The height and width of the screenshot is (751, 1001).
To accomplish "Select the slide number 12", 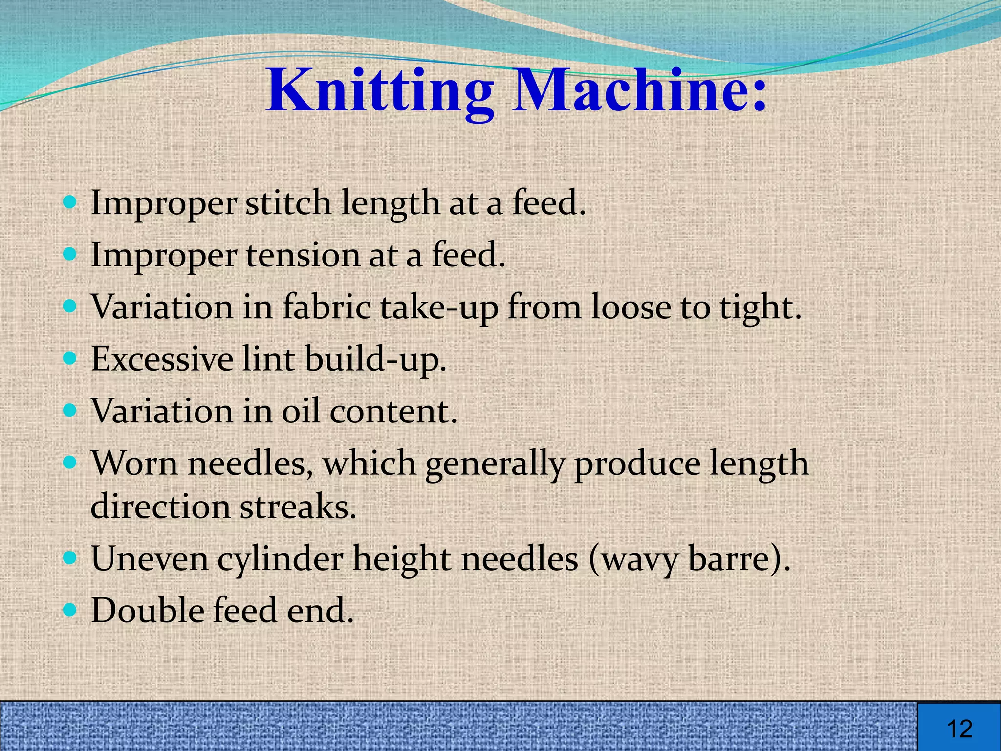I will point(959,729).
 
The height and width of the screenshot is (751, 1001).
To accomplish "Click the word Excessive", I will point(162,359).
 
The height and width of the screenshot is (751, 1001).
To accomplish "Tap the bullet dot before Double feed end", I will point(71,610).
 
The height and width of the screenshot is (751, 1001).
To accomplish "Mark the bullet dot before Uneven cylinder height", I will point(71,558).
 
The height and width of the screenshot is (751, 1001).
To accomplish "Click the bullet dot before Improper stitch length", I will point(71,201).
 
